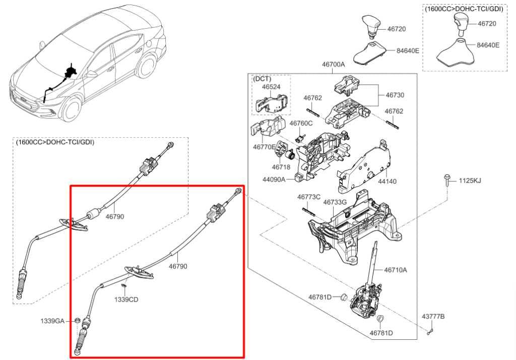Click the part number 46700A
click(333, 65)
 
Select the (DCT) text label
click(262, 79)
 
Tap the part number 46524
click(271, 87)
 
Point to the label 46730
click(395, 95)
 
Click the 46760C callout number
click(301, 124)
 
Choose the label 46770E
click(264, 147)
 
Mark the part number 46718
click(281, 166)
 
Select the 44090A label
click(274, 179)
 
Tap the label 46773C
click(308, 197)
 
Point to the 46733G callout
click(335, 202)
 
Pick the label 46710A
click(395, 270)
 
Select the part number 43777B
click(433, 316)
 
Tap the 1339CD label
click(126, 299)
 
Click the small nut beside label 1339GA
click(77, 321)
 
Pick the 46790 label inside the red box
click(178, 266)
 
